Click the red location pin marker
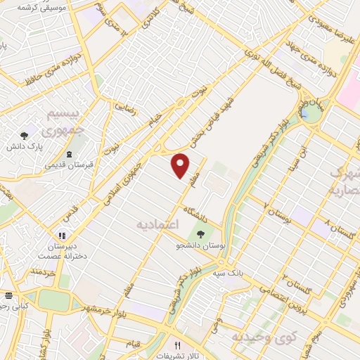point(181,165)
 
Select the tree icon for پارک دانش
point(25,135)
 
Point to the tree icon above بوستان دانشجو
point(202,234)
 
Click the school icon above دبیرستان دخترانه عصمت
point(63,236)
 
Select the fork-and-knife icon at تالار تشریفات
point(178,346)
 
